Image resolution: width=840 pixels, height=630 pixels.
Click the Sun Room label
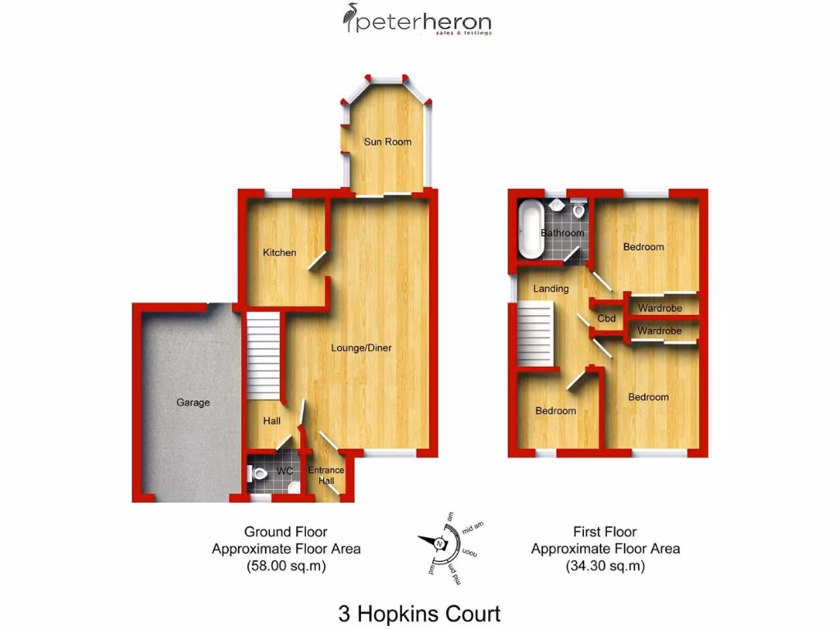pyautogui.click(x=387, y=142)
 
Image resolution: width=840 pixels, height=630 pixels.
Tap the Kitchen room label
pyautogui.click(x=279, y=253)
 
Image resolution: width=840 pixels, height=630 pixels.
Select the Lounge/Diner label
pyautogui.click(x=361, y=348)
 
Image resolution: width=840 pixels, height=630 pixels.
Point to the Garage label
pyautogui.click(x=193, y=403)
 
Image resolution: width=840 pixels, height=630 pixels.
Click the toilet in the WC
pyautogui.click(x=259, y=473)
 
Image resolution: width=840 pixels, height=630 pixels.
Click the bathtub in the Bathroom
pyautogui.click(x=527, y=227)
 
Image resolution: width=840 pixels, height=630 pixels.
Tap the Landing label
pyautogui.click(x=550, y=289)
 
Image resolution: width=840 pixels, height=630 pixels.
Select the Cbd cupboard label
pyautogui.click(x=607, y=318)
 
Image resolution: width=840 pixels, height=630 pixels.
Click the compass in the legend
pyautogui.click(x=441, y=544)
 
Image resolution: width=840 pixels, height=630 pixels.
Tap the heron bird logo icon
pyautogui.click(x=349, y=18)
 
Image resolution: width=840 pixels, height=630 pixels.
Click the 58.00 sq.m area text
pyautogui.click(x=285, y=565)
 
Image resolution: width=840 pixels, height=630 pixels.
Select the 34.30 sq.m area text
pyautogui.click(x=605, y=565)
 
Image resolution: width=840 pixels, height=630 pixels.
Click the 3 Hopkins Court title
pyautogui.click(x=419, y=613)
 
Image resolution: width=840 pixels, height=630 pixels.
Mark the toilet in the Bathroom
pyautogui.click(x=579, y=211)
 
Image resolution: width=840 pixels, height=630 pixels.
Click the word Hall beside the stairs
pyautogui.click(x=272, y=421)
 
